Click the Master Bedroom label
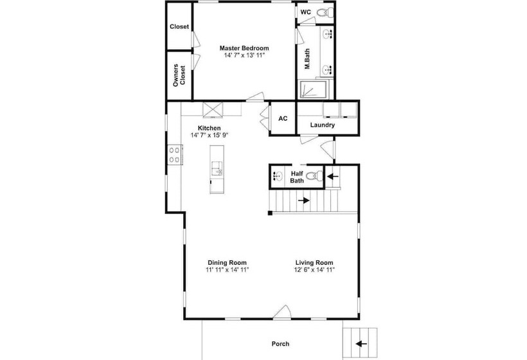tap(244, 48)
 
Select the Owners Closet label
tap(179, 75)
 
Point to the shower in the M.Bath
tap(313, 89)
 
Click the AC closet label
tap(283, 119)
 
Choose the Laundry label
tap(323, 125)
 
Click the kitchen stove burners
tap(174, 154)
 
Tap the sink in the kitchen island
tap(217, 168)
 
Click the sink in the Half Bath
tap(278, 175)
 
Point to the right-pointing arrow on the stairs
tap(304, 201)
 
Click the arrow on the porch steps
tap(361, 343)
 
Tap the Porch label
tap(280, 344)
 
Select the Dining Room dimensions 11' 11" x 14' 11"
tap(228, 269)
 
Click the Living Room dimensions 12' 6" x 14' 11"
tap(314, 269)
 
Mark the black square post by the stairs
tap(270, 213)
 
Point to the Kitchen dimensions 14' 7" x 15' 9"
tap(210, 135)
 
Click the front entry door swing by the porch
tap(281, 312)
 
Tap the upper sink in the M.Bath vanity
tap(327, 35)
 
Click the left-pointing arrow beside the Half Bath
tap(333, 176)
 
